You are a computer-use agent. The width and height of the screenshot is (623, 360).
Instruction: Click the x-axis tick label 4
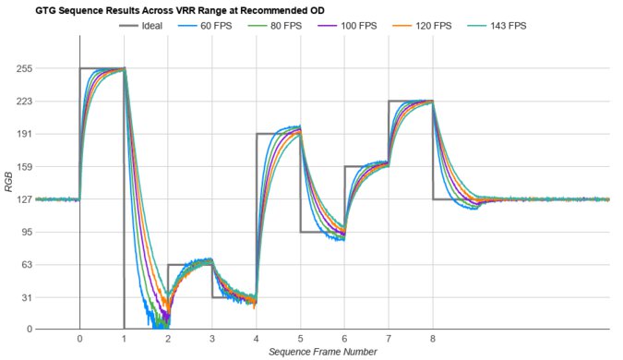coord(256,339)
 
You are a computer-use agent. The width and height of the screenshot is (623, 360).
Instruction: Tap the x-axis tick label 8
coord(432,339)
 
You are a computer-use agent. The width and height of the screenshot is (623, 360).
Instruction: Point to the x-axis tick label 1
coord(124,339)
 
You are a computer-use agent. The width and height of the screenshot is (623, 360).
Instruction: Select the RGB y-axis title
coord(10,198)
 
